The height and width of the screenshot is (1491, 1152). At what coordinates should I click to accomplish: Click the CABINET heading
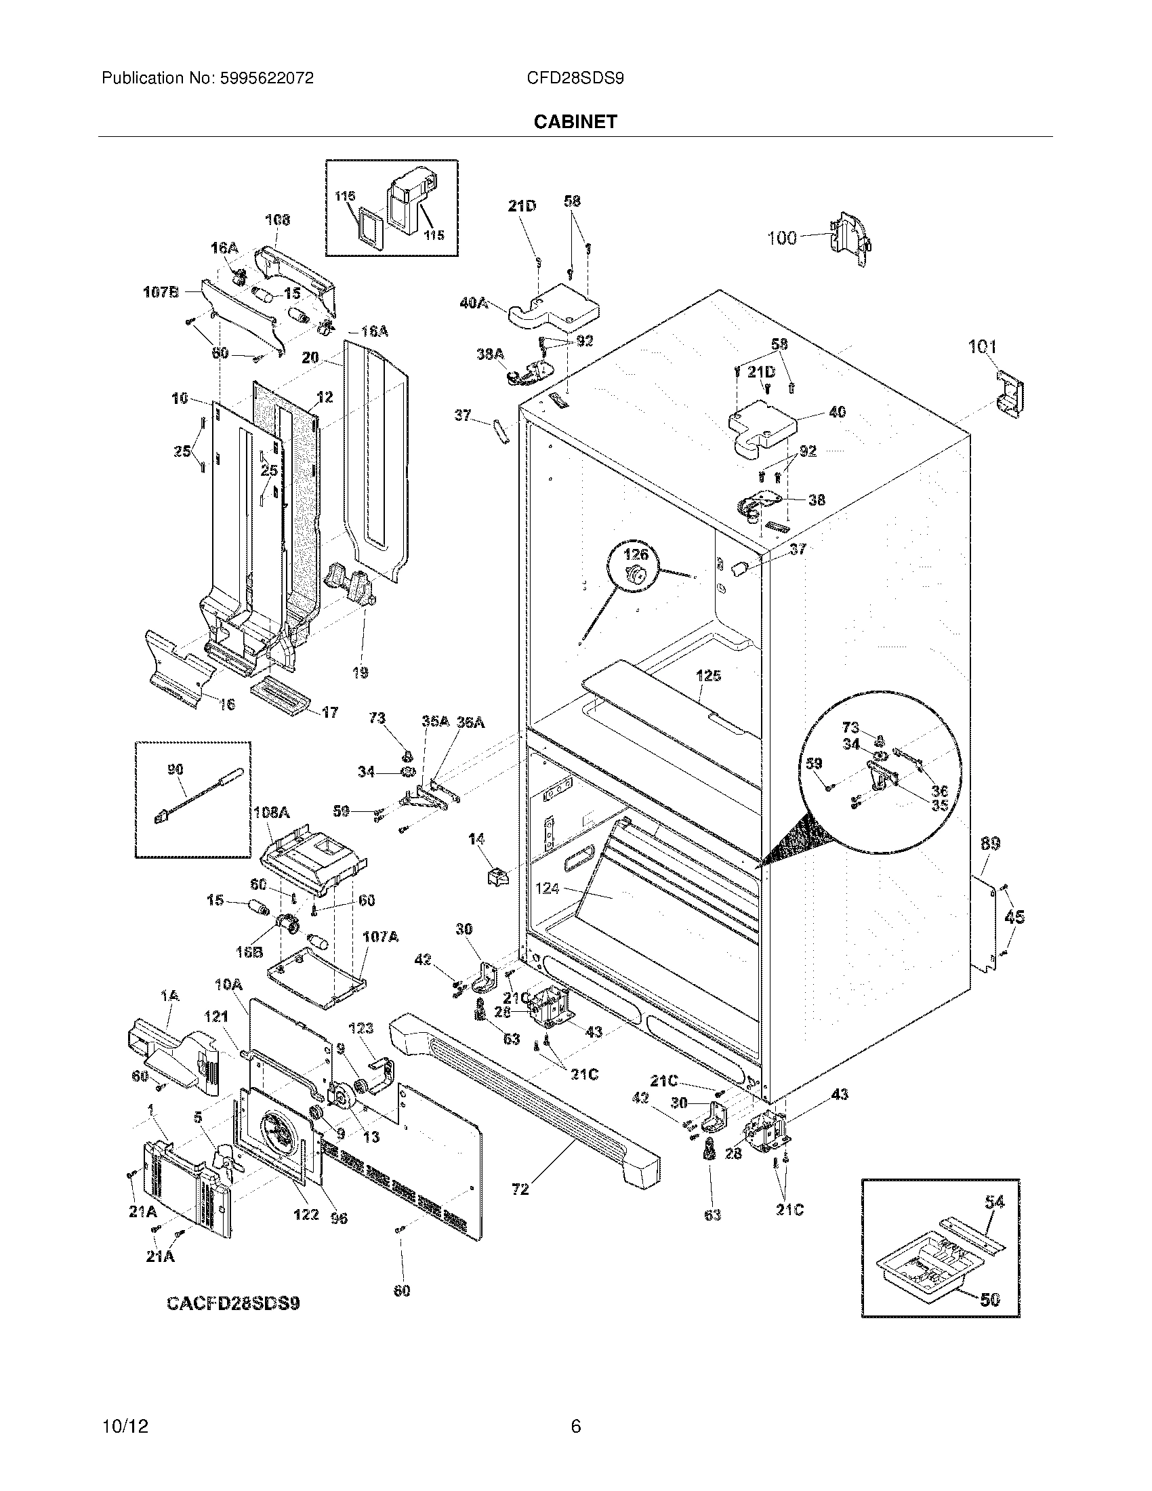[x=575, y=121]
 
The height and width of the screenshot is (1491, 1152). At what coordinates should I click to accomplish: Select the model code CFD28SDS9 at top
[x=575, y=79]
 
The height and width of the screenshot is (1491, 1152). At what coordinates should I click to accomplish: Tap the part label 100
[x=782, y=238]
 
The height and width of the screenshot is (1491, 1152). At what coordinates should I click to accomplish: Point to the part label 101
[x=983, y=348]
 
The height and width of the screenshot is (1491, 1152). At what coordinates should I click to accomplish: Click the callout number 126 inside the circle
[x=636, y=554]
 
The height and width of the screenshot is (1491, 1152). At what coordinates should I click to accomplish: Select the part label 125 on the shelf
[x=708, y=676]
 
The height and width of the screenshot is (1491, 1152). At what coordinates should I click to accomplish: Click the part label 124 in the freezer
[x=548, y=889]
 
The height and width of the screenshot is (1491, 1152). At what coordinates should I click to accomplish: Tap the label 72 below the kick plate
[x=520, y=1189]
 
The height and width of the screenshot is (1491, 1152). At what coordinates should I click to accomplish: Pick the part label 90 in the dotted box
[x=176, y=770]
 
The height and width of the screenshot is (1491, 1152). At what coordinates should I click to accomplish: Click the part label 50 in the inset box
[x=989, y=1300]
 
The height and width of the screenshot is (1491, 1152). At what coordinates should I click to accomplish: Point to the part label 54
[x=995, y=1203]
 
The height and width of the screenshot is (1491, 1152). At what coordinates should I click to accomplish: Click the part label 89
[x=990, y=844]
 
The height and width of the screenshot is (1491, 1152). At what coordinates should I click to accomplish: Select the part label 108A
[x=272, y=813]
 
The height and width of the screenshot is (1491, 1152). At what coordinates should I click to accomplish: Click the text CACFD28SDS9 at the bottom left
[x=233, y=1303]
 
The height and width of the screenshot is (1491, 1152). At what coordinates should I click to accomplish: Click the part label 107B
[x=161, y=292]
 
